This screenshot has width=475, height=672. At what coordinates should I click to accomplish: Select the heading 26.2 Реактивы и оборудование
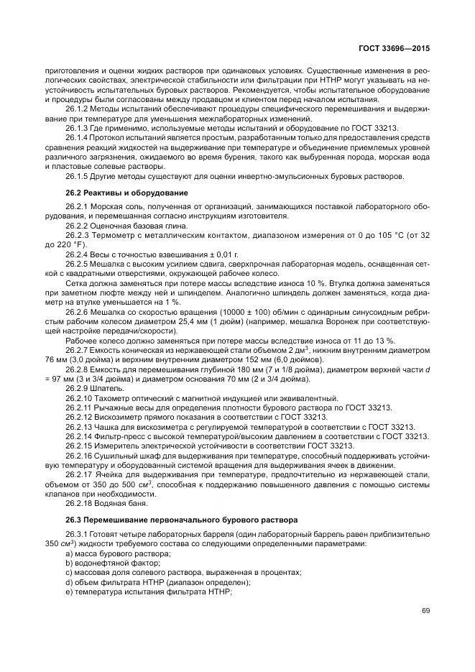point(116,193)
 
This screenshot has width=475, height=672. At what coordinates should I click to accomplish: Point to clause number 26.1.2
point(76,108)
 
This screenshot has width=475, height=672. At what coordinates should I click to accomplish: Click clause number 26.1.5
point(76,175)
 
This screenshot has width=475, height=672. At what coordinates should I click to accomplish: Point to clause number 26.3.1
point(76,534)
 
